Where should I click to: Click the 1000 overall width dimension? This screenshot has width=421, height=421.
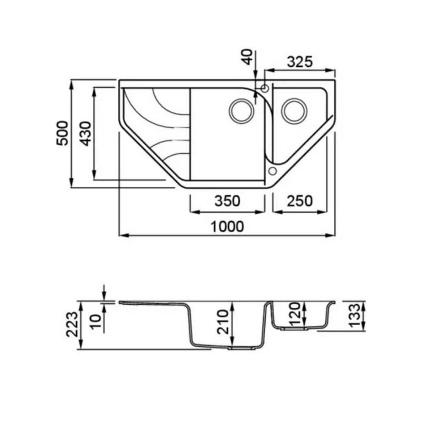pyautogui.click(x=227, y=226)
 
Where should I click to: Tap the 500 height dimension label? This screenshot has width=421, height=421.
pyautogui.click(x=62, y=134)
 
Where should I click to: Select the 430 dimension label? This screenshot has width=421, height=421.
pyautogui.click(x=86, y=134)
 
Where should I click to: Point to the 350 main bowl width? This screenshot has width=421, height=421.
pyautogui.click(x=227, y=201)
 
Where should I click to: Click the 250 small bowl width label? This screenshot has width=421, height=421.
pyautogui.click(x=300, y=201)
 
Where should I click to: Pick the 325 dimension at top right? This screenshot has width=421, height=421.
pyautogui.click(x=300, y=62)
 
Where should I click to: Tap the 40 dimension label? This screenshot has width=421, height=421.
pyautogui.click(x=247, y=57)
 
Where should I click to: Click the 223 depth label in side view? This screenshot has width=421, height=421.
pyautogui.click(x=72, y=324)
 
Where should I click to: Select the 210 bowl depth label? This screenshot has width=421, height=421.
pyautogui.click(x=223, y=322)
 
